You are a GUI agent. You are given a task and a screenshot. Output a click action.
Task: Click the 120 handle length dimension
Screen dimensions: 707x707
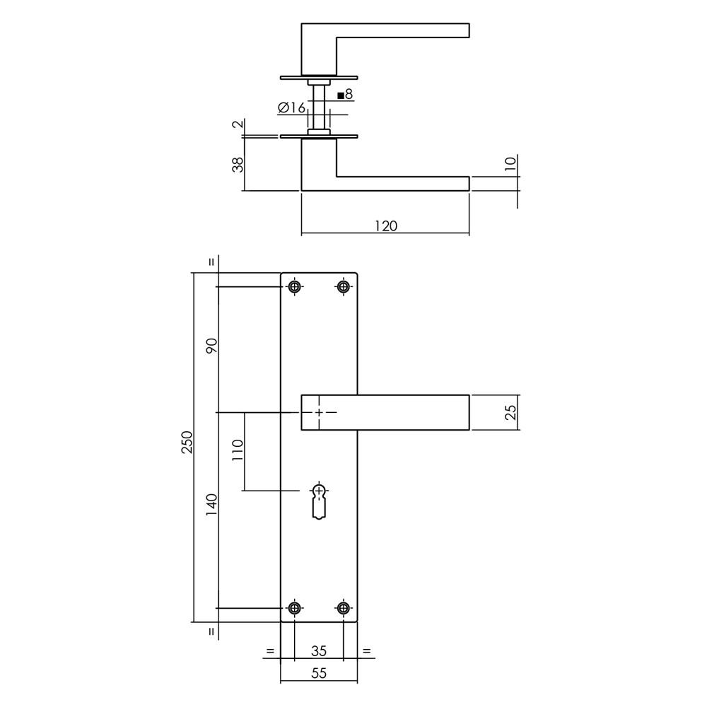pos(385,226)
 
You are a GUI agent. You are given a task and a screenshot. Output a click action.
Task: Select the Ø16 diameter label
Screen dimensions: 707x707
pos(291,107)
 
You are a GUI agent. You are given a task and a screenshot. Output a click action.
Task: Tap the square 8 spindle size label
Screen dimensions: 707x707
pos(345,94)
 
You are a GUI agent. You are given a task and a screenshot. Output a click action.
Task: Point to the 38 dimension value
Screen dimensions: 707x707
pos(238,164)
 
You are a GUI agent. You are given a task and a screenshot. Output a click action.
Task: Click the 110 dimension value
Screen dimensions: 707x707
pos(237,450)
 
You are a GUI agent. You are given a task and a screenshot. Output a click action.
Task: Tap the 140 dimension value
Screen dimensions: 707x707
pos(211,504)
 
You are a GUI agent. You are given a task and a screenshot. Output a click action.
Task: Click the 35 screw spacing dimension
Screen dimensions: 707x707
pos(319,650)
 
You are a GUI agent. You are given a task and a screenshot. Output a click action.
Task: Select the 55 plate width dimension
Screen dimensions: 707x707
pos(319,674)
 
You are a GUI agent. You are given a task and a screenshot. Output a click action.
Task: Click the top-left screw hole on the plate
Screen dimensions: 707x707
pos(295,286)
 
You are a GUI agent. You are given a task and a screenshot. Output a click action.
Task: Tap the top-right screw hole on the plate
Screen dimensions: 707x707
pos(344,286)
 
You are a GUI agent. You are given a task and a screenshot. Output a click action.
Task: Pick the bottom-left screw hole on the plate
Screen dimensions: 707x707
pos(295,608)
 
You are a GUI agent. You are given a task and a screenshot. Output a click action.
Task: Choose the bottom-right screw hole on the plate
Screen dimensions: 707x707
pos(344,608)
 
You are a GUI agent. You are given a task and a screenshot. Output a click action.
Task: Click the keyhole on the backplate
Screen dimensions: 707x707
pos(320,501)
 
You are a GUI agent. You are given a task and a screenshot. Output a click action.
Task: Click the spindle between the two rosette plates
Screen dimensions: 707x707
pos(320,106)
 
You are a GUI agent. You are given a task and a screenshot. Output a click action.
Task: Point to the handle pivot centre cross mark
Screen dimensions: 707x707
pos(320,412)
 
